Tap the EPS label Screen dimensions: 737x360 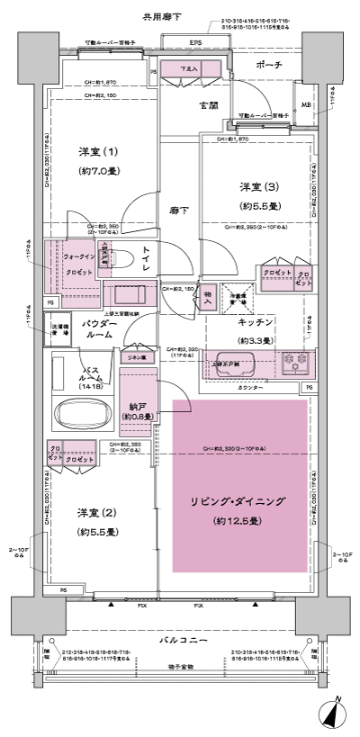pyautogui.click(x=195, y=42)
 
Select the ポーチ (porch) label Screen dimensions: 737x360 pyautogui.click(x=269, y=65)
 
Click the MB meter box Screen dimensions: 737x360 pyautogui.click(x=306, y=106)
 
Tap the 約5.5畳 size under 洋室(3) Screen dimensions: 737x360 pyautogui.click(x=257, y=205)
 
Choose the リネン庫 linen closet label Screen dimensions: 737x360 pyautogui.click(x=135, y=358)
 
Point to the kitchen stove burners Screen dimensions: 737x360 pyautogui.click(x=293, y=364)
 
